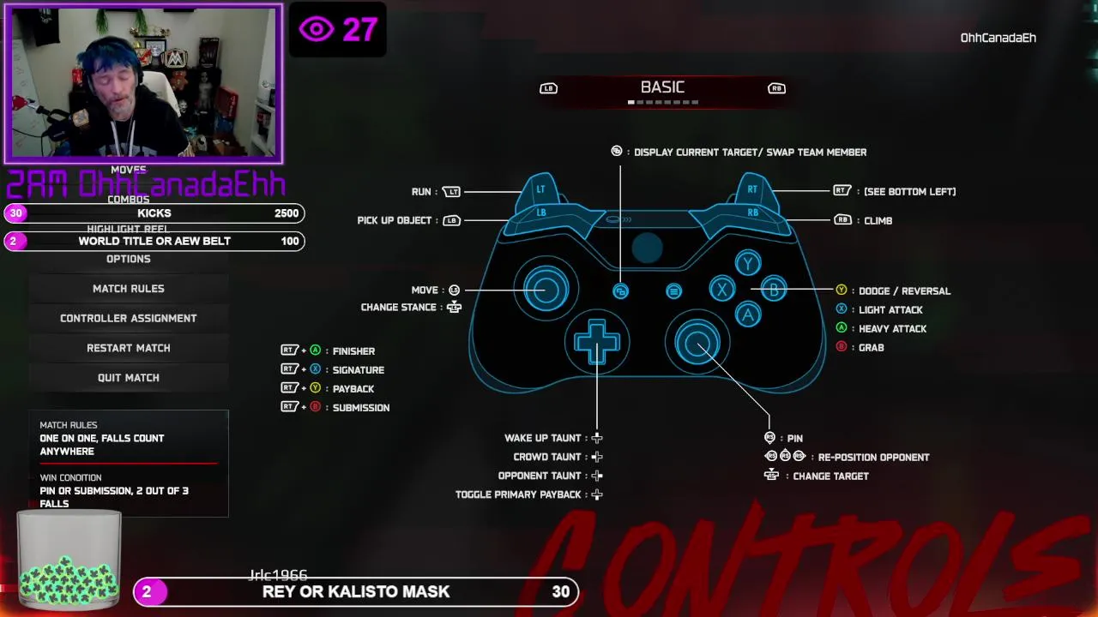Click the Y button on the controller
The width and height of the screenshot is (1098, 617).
747,264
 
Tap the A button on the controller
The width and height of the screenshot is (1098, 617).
747,315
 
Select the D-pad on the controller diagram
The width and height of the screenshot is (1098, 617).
597,343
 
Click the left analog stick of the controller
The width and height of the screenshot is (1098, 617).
546,288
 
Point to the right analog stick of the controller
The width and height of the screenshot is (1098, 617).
697,343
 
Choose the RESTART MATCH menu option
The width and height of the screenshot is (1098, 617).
129,348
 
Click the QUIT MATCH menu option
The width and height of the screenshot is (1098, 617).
129,378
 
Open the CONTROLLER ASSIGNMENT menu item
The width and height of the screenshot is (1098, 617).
129,318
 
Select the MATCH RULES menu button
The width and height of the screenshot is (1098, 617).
129,289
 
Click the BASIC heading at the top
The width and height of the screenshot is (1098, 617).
662,87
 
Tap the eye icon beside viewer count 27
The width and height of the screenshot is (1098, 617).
316,30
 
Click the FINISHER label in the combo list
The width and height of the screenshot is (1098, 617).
353,351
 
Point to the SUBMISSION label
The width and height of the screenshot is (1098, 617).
361,408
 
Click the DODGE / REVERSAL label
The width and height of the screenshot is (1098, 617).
904,291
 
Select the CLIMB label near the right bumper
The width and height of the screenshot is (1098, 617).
878,221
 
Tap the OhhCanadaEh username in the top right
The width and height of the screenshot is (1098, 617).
998,38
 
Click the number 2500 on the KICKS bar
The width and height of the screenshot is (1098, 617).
287,213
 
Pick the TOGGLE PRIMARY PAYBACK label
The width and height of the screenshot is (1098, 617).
519,494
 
